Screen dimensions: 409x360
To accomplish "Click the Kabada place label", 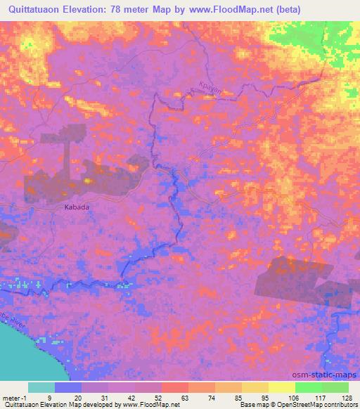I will point(77,207).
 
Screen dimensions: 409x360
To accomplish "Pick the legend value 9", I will point(50,397).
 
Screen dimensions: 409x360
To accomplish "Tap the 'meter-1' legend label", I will point(15,397).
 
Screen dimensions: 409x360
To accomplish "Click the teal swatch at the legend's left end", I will point(41,387).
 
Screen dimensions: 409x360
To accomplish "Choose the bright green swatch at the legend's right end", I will point(335,387).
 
